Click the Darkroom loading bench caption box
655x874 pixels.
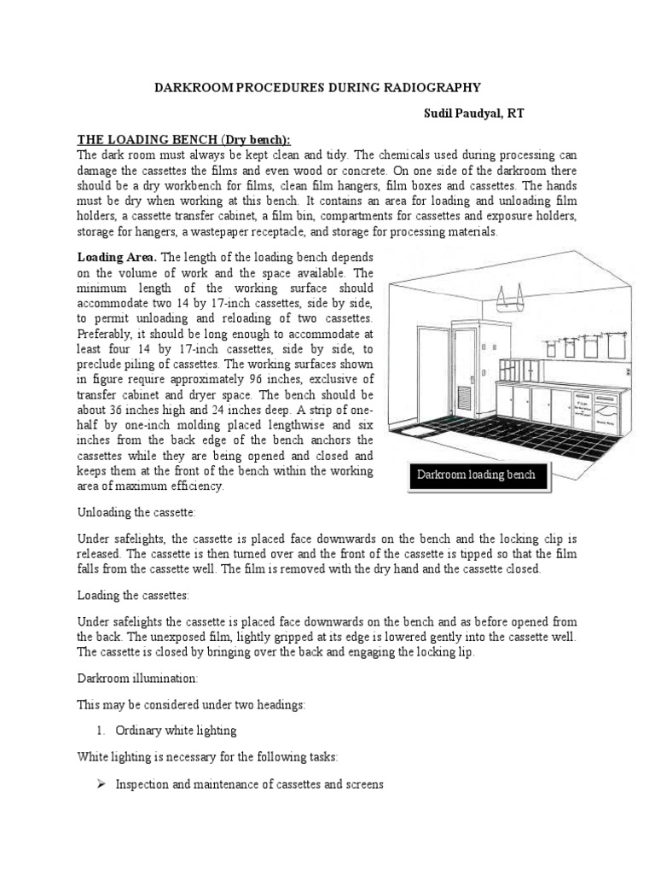point(476,475)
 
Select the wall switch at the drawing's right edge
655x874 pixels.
point(629,372)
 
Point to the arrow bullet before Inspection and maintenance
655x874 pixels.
point(99,784)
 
